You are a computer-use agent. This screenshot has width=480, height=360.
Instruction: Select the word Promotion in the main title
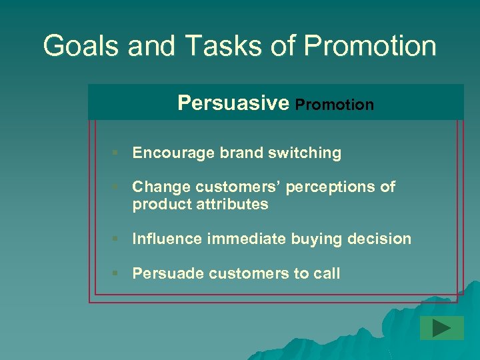coord(370,46)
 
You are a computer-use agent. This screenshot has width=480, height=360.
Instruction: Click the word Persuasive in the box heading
coord(233,103)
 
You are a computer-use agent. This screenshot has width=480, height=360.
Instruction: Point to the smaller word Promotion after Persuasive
coord(334,105)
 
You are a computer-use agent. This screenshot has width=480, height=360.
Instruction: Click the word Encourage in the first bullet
coord(167,153)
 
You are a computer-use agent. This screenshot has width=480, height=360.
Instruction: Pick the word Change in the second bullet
coord(157,187)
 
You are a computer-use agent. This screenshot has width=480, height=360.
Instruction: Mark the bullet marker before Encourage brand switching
coord(115,153)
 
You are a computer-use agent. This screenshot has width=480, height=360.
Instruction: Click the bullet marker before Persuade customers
coord(115,273)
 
